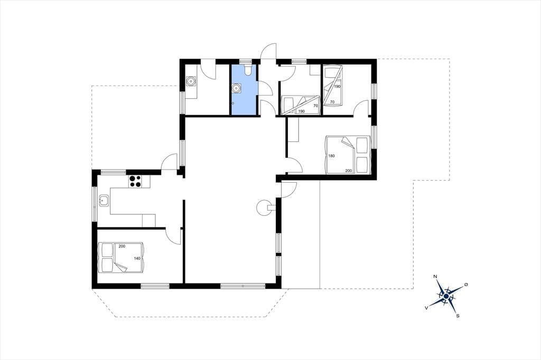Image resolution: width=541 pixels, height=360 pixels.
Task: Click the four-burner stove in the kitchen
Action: (135, 182)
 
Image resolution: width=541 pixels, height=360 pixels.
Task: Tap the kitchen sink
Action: (104, 201)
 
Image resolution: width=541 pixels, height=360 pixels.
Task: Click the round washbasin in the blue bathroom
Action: (236, 88)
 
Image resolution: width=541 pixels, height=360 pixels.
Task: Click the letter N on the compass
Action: (435, 277)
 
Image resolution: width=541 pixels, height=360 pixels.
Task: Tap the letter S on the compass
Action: (458, 316)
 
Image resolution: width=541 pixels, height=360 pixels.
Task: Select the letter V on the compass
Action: (427, 307)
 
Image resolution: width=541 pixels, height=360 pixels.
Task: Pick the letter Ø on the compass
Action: (466, 285)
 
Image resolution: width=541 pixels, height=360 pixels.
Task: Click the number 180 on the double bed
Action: (332, 156)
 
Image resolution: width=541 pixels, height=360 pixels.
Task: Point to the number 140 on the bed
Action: (137, 258)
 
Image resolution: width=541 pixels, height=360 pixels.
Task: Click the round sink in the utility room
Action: (190, 82)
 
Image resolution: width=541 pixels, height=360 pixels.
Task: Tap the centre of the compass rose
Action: (446, 296)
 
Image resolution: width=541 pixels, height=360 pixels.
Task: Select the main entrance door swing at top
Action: (268, 51)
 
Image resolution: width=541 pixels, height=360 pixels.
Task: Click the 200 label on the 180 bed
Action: (349, 170)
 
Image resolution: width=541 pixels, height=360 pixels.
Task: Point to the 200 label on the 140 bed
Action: (122, 246)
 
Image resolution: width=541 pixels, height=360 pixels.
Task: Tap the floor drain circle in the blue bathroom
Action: (234, 103)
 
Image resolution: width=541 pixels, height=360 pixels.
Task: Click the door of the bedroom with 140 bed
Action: (173, 236)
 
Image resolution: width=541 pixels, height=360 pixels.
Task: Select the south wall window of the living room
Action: (243, 286)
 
